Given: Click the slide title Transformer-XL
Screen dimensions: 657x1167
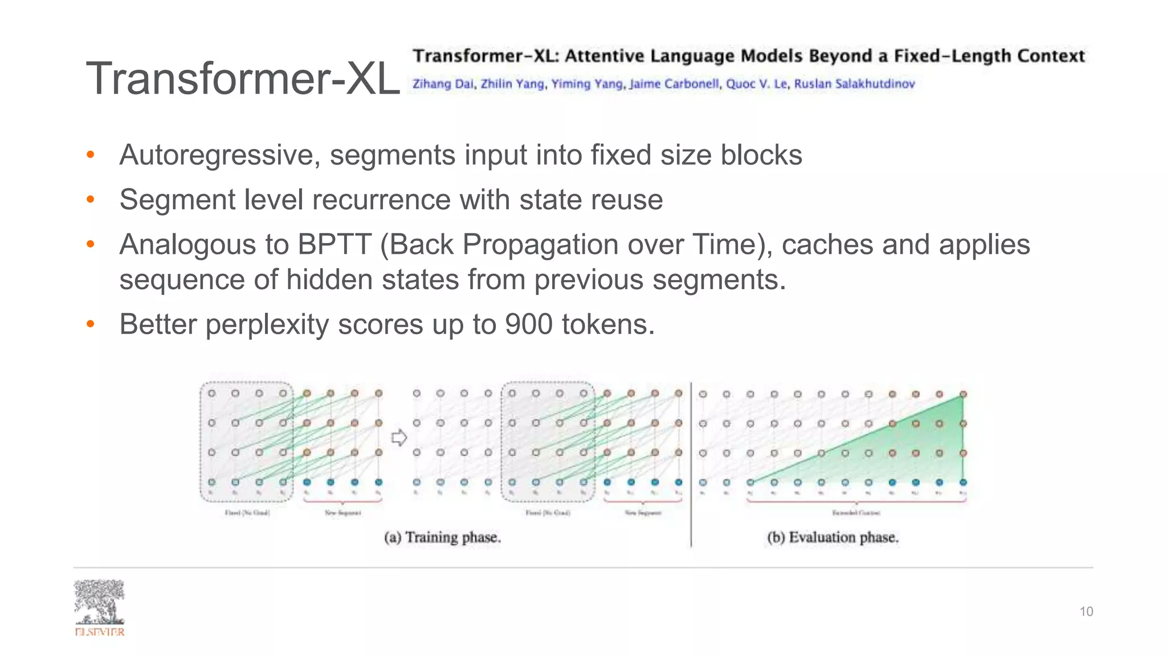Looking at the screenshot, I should click(243, 79).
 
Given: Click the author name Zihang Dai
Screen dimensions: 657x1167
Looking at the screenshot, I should click(443, 84).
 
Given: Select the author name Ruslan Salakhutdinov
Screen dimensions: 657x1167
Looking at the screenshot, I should click(854, 84).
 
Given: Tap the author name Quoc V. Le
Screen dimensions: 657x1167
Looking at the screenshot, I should click(757, 84).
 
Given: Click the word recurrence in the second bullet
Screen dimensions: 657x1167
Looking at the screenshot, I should click(382, 200).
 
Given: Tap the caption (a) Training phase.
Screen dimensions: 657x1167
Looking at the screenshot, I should click(442, 537).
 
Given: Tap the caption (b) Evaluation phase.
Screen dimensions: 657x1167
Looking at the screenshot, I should click(833, 537).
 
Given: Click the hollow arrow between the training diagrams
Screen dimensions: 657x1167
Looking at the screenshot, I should click(399, 438).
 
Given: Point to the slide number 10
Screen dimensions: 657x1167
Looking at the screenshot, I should click(1086, 612).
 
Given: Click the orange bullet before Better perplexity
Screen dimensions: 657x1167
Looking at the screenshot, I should click(90, 325).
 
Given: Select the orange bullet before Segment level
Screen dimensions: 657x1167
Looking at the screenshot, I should click(90, 200).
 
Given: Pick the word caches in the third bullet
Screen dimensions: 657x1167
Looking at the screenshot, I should click(827, 245).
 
